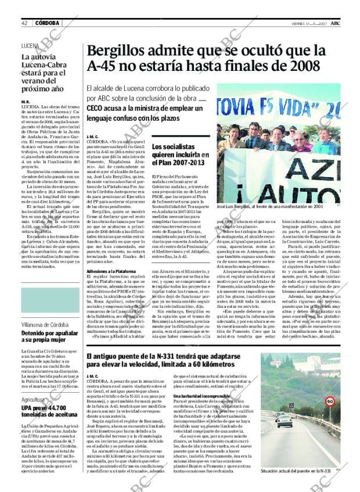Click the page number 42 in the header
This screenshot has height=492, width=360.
click(25, 23)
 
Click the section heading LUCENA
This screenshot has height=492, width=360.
click(30, 45)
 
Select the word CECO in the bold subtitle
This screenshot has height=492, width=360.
click(96, 108)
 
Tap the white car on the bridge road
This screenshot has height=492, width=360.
click(285, 421)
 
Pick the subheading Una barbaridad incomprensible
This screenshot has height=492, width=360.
click(203, 396)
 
